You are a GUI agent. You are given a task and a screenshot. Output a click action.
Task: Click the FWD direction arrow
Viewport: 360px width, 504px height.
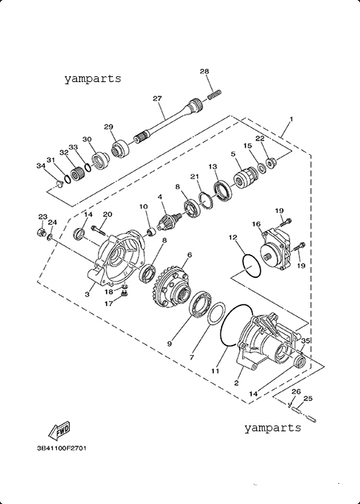[x=59, y=431]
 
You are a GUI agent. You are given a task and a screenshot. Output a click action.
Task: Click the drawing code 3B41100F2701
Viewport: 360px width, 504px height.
[x=62, y=448]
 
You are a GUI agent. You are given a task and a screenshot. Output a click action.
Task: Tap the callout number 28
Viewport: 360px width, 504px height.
[x=204, y=71]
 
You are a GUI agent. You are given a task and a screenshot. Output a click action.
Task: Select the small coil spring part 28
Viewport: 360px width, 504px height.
[x=215, y=95]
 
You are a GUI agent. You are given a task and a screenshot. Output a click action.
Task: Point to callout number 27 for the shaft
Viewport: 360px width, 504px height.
[x=157, y=99]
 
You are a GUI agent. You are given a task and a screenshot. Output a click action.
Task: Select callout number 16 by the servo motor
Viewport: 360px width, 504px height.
[x=256, y=224]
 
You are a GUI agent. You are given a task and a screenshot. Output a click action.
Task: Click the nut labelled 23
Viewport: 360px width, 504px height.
[x=41, y=231]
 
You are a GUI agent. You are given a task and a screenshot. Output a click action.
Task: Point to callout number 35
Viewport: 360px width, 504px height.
[x=305, y=341]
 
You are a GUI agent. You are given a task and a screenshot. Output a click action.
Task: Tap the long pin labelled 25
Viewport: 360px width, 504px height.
[x=303, y=414]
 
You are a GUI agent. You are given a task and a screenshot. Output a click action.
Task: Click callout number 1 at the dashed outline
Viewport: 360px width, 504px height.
[x=291, y=120]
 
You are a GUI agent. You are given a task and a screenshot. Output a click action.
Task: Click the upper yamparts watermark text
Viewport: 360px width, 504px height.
[x=93, y=78]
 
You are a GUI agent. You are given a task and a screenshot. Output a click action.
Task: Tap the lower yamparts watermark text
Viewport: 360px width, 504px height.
[x=273, y=428]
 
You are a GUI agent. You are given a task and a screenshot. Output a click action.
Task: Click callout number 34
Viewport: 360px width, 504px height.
[x=41, y=166]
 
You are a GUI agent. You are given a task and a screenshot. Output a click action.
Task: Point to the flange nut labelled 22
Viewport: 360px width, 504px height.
[x=271, y=162]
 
